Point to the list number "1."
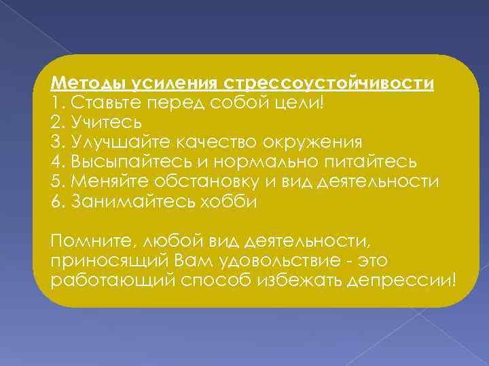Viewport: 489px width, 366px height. click(57, 104)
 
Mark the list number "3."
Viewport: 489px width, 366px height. click(58, 143)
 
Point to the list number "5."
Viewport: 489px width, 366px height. click(58, 182)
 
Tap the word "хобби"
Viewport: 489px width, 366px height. click(225, 202)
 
